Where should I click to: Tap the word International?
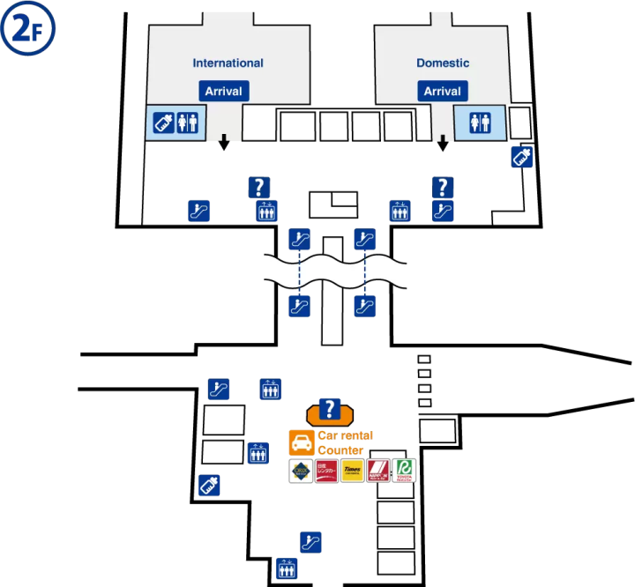[x=228, y=63]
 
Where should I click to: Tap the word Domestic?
[x=443, y=63]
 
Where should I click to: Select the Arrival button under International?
[x=224, y=91]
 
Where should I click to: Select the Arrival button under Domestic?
[x=443, y=91]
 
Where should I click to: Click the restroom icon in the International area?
[x=188, y=123]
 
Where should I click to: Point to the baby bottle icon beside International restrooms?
[x=164, y=123]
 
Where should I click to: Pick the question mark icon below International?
[x=258, y=187]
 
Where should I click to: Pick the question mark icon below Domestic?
[x=443, y=187]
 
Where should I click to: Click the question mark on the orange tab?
[x=330, y=409]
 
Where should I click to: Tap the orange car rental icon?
[x=302, y=443]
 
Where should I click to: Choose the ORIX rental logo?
[x=302, y=471]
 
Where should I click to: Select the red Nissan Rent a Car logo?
[x=327, y=471]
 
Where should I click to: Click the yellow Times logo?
[x=353, y=471]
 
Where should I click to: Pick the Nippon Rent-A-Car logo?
[x=378, y=471]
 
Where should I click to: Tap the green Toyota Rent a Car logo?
[x=404, y=471]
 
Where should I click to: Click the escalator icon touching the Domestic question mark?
[x=443, y=212]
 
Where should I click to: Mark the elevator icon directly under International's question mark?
[x=266, y=212]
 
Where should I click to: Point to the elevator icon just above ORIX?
[x=258, y=453]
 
